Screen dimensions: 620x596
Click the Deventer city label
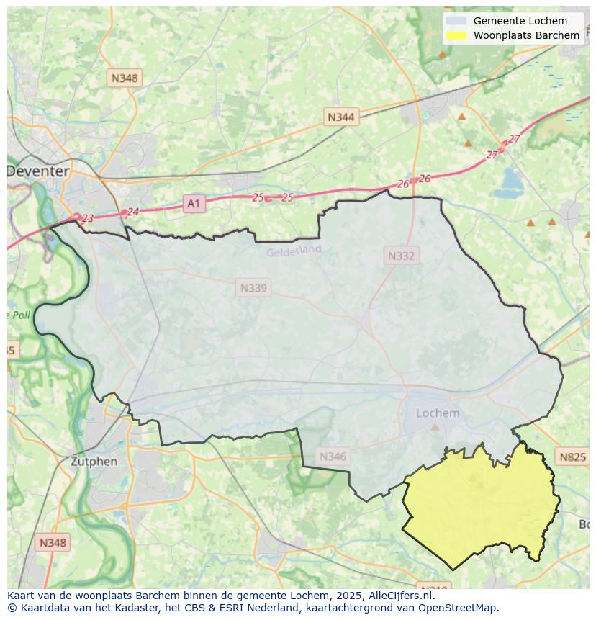(x=38, y=171)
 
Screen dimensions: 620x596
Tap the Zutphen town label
(x=94, y=461)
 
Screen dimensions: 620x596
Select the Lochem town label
(x=438, y=413)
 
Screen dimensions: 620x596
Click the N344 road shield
(x=340, y=117)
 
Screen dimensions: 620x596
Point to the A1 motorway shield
(x=193, y=204)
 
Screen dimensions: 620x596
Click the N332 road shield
(x=401, y=256)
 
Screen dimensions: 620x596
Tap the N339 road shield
(x=253, y=288)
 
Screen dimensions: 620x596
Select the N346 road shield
(x=333, y=456)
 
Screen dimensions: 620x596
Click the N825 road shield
(x=572, y=457)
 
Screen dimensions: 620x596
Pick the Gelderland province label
(x=294, y=251)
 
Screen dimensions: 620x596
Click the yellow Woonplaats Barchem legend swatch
(x=456, y=35)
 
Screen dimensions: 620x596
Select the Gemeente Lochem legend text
(x=520, y=21)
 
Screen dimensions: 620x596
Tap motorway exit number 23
(x=88, y=218)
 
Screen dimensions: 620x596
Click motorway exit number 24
(x=132, y=212)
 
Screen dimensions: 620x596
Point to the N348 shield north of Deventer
(x=124, y=77)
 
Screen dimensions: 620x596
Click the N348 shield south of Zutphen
(x=53, y=542)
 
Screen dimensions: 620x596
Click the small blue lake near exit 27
(x=513, y=177)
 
